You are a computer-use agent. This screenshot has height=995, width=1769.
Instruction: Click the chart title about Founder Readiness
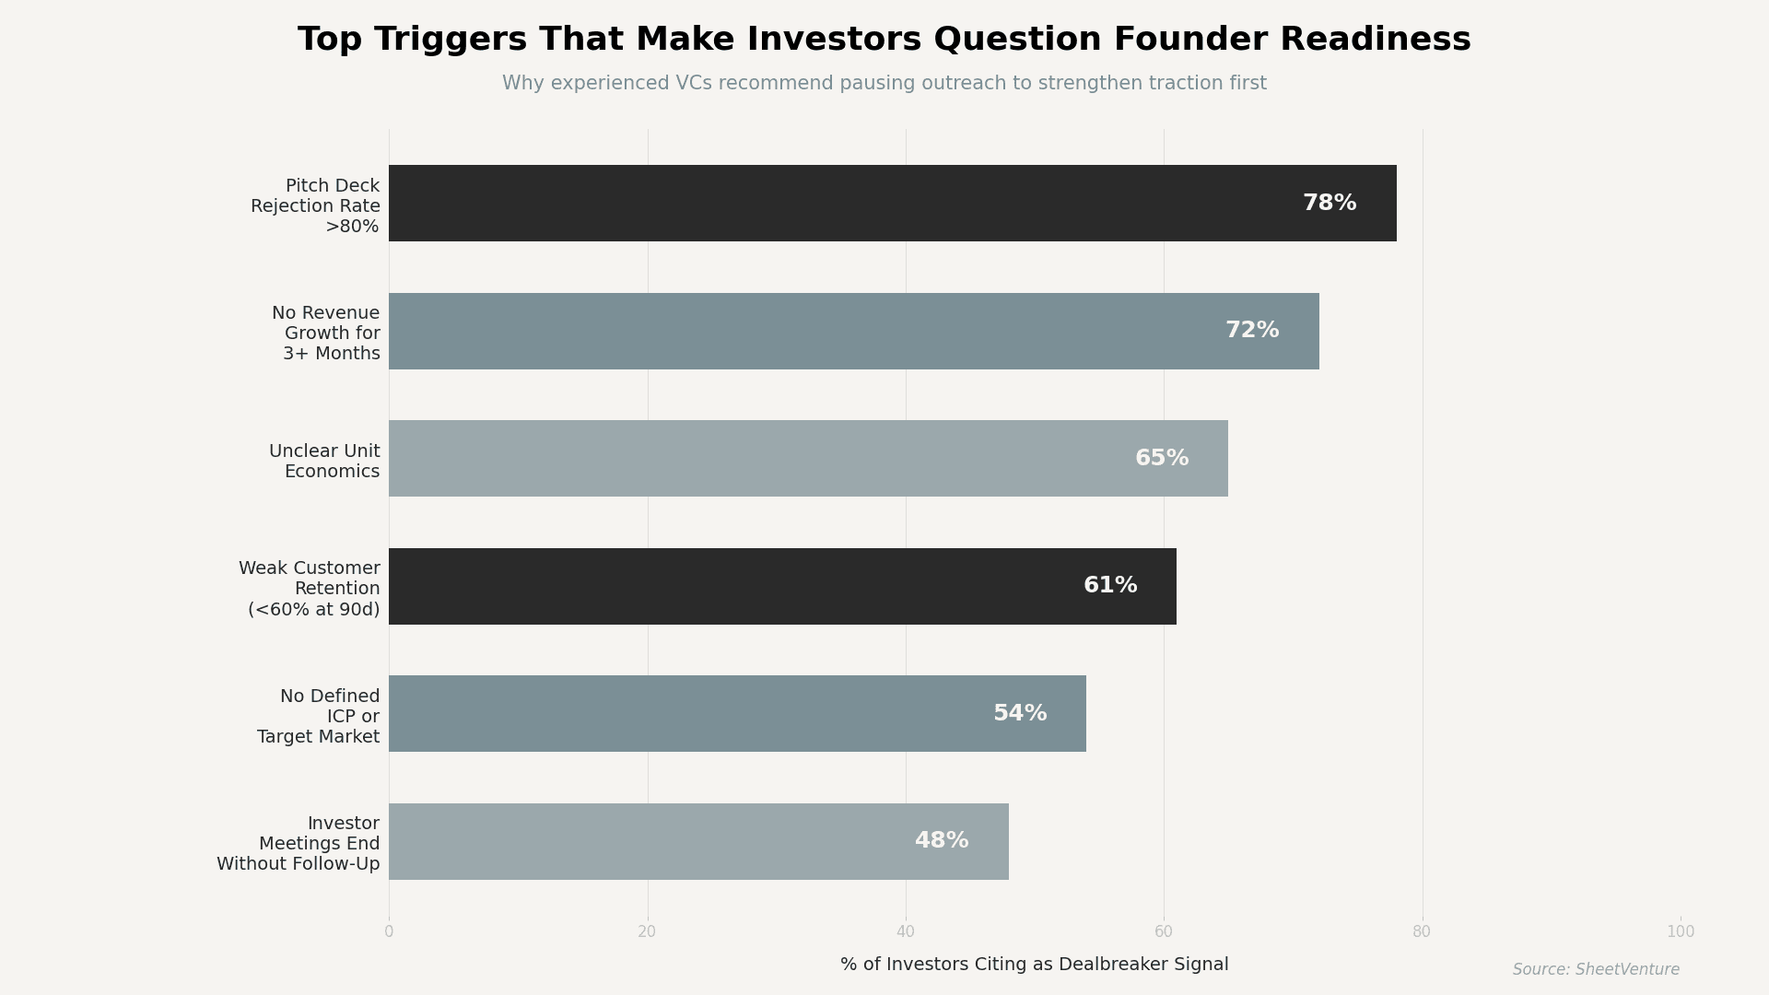click(884, 40)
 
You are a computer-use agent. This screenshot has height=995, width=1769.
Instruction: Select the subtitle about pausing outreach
click(884, 84)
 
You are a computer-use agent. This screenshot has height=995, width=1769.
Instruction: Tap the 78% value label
click(1329, 204)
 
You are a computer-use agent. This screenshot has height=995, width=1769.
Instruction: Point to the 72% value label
click(1251, 331)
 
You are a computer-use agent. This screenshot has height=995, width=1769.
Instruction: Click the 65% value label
click(1161, 459)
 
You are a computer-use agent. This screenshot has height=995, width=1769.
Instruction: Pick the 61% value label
click(1109, 586)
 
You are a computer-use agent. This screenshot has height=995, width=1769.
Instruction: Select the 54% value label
click(1019, 714)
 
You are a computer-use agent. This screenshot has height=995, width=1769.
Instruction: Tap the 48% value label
click(941, 841)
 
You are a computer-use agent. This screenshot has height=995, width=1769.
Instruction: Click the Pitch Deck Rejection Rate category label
click(315, 206)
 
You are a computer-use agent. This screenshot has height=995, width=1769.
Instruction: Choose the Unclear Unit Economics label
click(324, 462)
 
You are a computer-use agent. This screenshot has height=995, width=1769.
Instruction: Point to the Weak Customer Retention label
click(310, 589)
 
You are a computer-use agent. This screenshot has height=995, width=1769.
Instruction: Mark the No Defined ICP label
click(319, 717)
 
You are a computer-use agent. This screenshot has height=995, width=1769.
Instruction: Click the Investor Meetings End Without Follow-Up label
click(299, 844)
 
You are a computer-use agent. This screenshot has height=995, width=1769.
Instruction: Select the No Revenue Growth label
click(326, 334)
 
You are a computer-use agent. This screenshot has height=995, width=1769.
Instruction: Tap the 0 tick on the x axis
click(389, 932)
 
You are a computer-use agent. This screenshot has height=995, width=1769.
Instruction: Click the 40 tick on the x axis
click(906, 932)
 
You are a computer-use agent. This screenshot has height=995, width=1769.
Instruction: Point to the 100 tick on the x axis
click(1680, 932)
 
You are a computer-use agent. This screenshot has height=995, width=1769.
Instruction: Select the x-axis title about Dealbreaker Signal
click(1034, 965)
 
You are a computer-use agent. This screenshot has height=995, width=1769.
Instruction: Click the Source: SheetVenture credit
click(1595, 970)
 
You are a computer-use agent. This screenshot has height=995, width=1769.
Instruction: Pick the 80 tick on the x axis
click(1422, 932)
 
